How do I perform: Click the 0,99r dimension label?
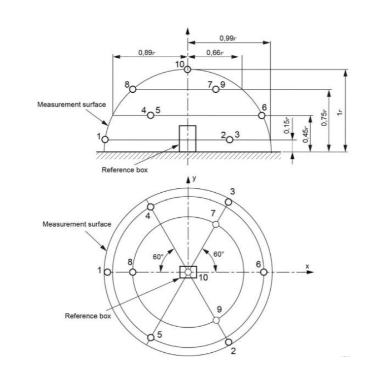[x=229, y=38]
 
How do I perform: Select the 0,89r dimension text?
[x=147, y=53]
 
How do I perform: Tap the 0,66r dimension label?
[x=215, y=53]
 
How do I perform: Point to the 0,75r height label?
[x=324, y=118]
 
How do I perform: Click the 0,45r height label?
[x=305, y=134]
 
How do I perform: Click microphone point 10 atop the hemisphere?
[x=187, y=69]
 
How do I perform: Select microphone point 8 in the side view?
[x=133, y=89]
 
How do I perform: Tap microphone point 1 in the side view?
[x=105, y=139]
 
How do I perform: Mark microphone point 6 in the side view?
[x=262, y=116]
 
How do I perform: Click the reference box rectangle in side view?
[x=187, y=139]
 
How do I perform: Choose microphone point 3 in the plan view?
[x=229, y=202]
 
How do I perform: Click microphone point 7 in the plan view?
[x=216, y=224]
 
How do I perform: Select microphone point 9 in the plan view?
[x=216, y=320]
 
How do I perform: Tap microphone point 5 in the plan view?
[x=151, y=338]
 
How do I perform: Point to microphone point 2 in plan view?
[x=229, y=342]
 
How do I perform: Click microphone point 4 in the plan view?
[x=151, y=207]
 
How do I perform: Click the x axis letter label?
[x=307, y=266]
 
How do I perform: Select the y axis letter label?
[x=194, y=178]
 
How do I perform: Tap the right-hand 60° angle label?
[x=219, y=254]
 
